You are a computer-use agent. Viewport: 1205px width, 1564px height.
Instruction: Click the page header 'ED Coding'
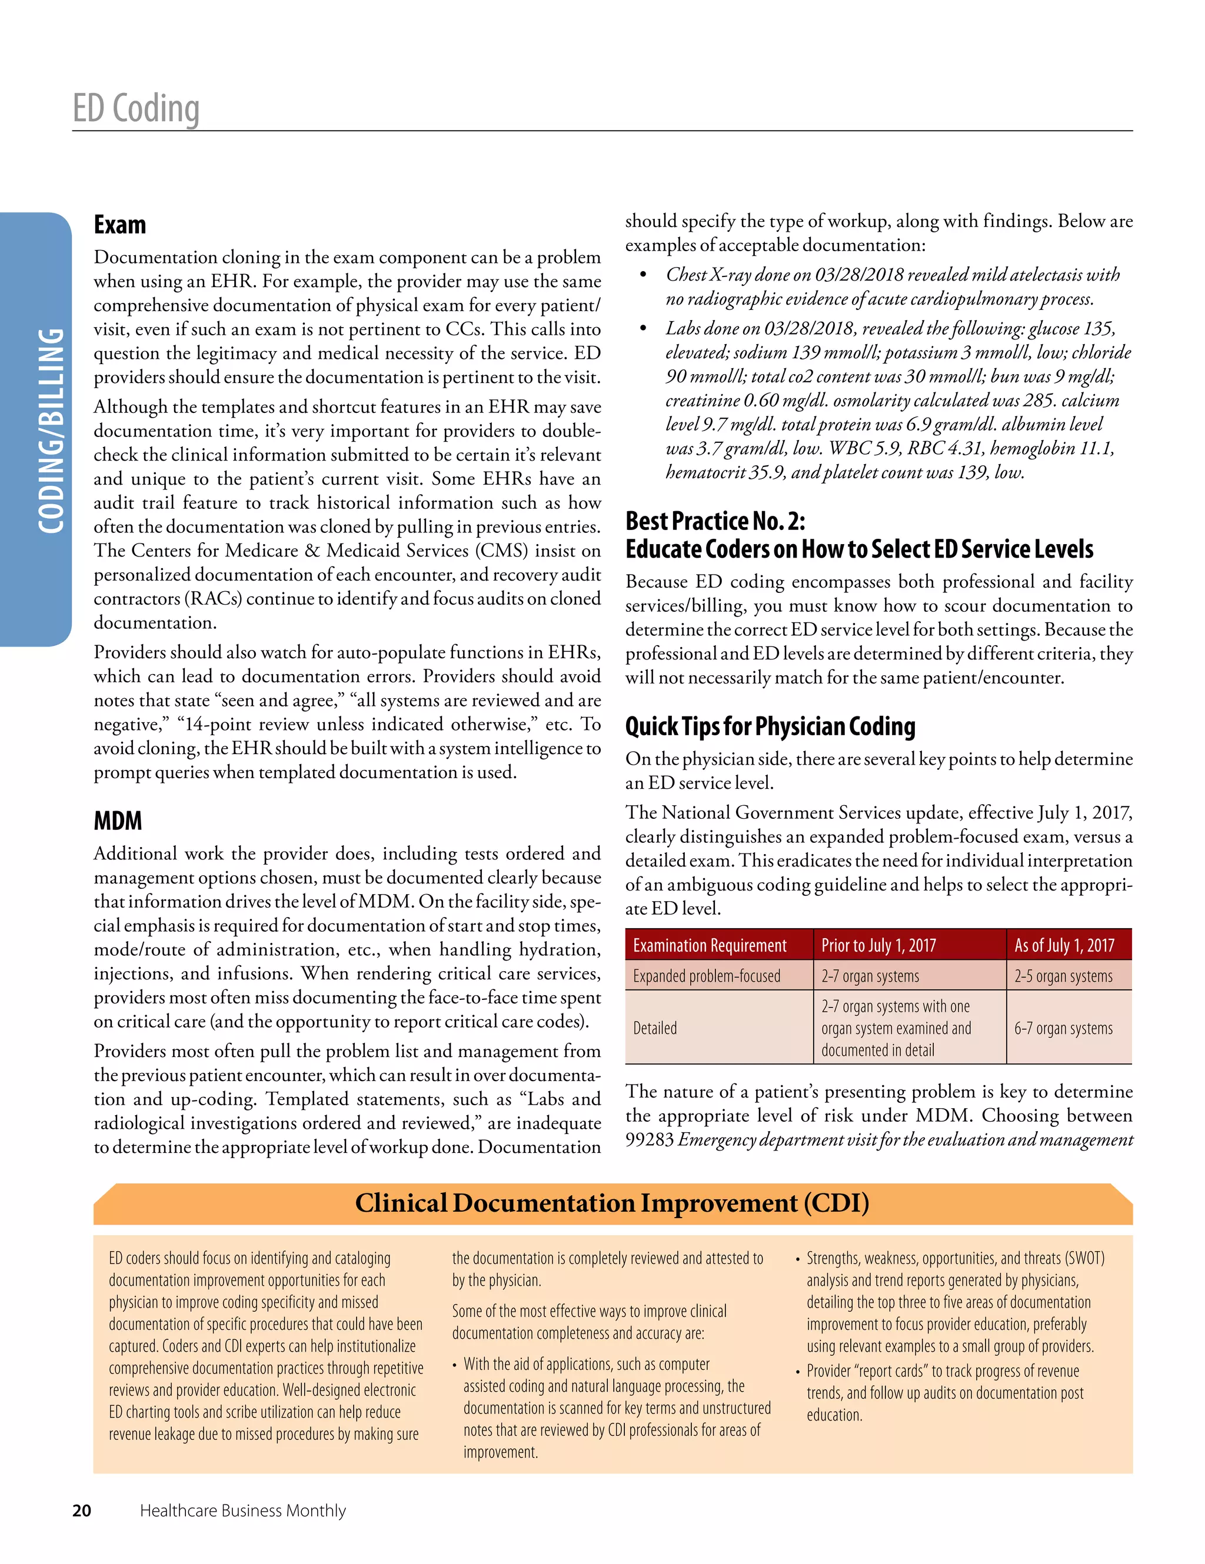[136, 109]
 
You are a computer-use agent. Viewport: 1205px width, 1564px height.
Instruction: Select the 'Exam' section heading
[119, 225]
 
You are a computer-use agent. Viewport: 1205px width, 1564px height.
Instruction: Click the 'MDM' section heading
[118, 821]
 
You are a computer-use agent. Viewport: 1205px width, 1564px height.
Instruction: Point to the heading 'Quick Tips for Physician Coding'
[770, 726]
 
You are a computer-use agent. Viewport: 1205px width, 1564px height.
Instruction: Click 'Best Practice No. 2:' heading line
[715, 521]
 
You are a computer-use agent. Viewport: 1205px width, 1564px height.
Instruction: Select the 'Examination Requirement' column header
[709, 945]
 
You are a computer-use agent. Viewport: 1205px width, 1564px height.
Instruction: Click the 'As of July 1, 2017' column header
[1064, 945]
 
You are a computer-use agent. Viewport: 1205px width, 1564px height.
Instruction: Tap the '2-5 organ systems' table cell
[1063, 976]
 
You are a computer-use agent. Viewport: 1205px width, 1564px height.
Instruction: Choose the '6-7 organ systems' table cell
[1063, 1028]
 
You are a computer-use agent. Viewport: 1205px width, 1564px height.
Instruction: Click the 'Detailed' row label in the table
[655, 1028]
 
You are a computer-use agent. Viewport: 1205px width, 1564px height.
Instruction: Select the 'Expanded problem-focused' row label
[707, 976]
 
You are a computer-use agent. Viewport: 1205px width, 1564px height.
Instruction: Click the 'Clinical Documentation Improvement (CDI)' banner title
[612, 1203]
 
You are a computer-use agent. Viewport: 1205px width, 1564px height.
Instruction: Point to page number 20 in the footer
[82, 1510]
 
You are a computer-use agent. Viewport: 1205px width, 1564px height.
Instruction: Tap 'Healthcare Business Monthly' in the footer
[242, 1510]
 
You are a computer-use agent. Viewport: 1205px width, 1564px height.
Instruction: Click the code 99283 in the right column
[649, 1139]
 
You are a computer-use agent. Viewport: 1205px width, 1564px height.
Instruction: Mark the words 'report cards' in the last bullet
[888, 1370]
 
